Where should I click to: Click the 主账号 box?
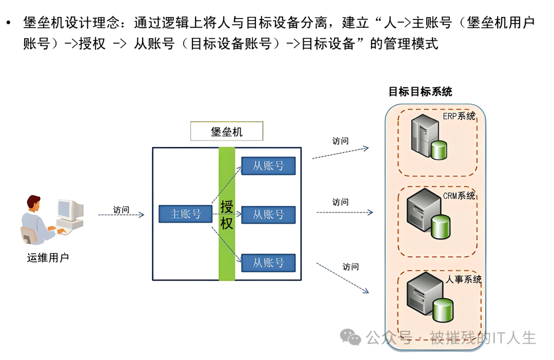tap(185, 214)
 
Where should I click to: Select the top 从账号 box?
tap(268, 166)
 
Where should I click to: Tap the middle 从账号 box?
tap(268, 214)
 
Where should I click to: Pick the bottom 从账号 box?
tap(268, 263)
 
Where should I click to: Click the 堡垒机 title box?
tap(227, 131)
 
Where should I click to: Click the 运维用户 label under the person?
tap(48, 257)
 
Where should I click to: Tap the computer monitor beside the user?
tap(70, 210)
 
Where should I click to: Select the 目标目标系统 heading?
tap(420, 92)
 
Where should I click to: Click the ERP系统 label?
tap(459, 116)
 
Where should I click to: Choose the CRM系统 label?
tap(459, 196)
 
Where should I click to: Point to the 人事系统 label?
tap(464, 279)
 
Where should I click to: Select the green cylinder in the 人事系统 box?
tap(443, 309)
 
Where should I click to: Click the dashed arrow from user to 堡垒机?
tap(121, 215)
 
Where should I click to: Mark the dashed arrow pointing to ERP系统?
tap(340, 153)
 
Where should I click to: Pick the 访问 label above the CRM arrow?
tap(340, 202)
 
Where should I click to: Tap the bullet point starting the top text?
tap(8, 23)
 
